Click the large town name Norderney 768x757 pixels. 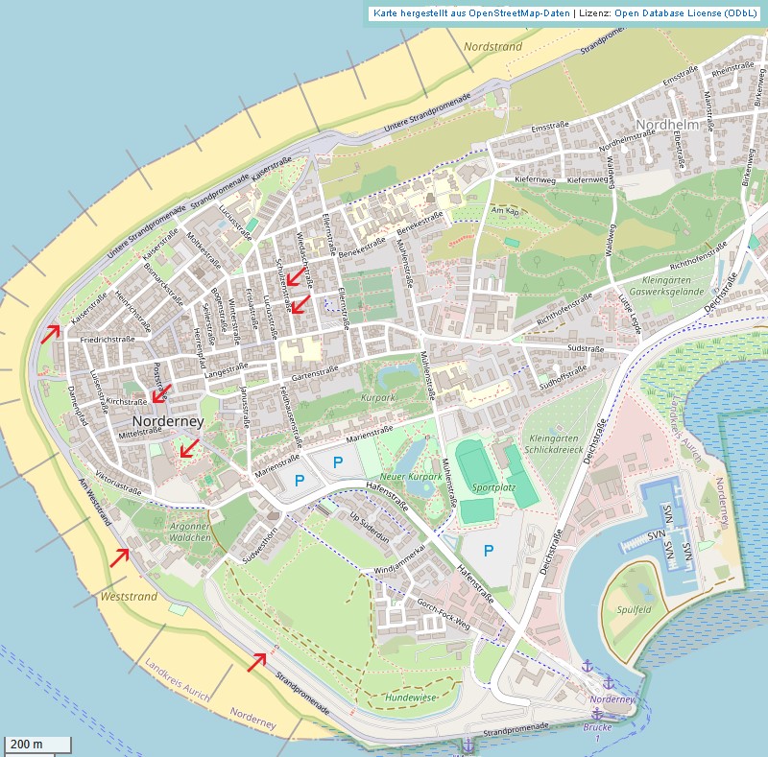tap(168, 421)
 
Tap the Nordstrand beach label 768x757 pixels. tap(492, 47)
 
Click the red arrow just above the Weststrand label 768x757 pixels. tap(119, 556)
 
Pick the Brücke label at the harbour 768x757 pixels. tap(597, 727)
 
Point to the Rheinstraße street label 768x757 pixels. tap(731, 69)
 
